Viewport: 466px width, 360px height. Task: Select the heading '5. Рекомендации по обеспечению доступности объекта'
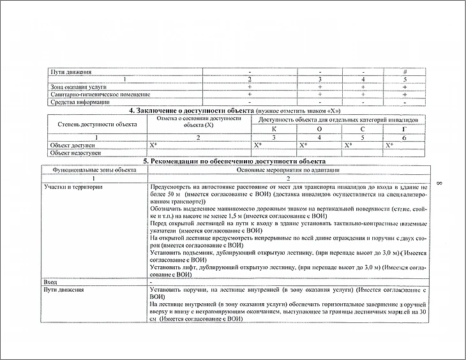[234, 161]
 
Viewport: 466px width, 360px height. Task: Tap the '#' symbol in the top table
[405, 71]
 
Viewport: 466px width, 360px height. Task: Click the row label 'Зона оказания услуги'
[79, 86]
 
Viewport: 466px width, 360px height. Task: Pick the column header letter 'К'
[274, 129]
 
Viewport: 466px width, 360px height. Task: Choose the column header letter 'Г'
[405, 129]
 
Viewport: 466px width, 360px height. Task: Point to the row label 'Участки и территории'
[73, 186]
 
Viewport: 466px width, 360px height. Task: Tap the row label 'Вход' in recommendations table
[50, 281]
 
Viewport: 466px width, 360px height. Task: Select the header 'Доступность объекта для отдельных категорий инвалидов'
[339, 119]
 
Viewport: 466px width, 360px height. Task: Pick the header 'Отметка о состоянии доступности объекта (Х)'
[199, 121]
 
